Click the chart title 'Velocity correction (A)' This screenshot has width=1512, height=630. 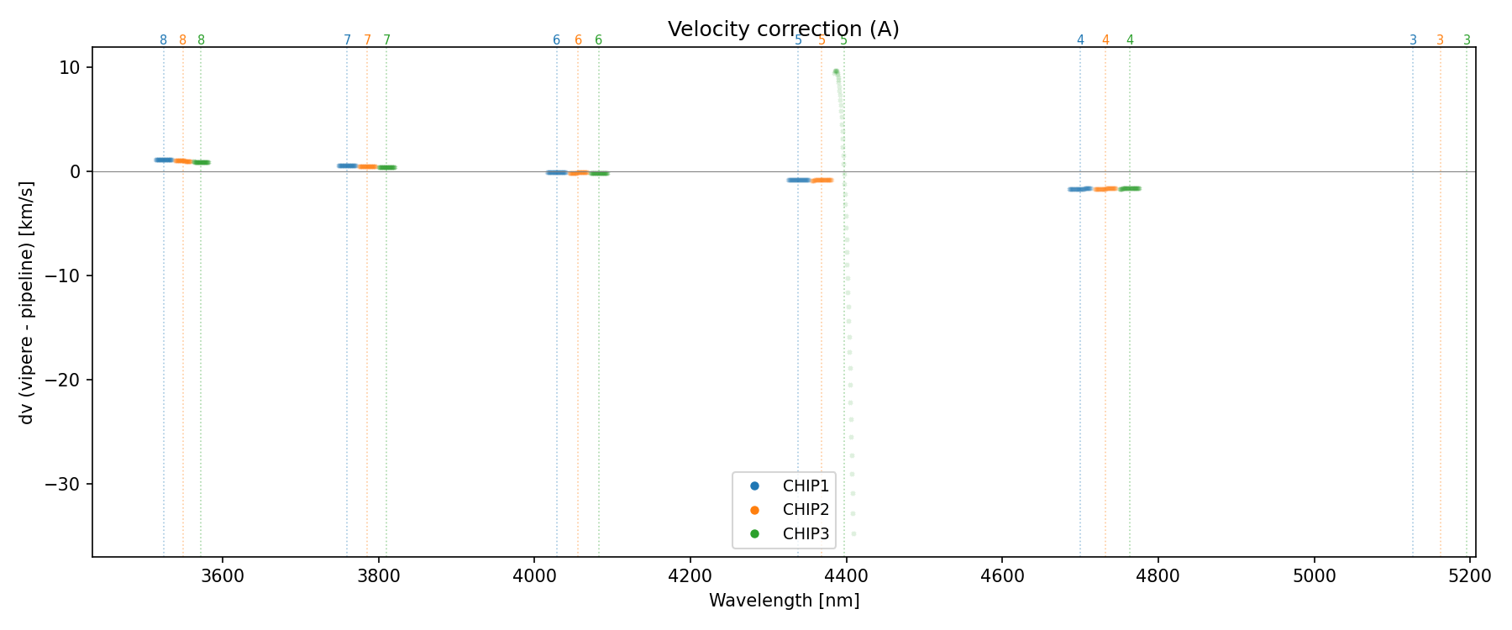(783, 29)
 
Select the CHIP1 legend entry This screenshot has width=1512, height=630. (805, 486)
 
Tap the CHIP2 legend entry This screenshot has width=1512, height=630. (805, 510)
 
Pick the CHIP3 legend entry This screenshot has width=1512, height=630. (805, 533)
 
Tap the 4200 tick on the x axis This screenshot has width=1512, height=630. (690, 575)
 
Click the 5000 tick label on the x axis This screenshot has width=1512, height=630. (1315, 575)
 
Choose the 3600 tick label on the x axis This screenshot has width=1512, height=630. (223, 575)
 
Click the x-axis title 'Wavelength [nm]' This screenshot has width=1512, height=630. (784, 601)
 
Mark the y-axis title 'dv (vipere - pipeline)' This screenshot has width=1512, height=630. (27, 302)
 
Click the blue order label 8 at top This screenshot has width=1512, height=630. (163, 40)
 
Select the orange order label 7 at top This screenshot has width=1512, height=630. (367, 40)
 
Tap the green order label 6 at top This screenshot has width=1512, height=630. (598, 40)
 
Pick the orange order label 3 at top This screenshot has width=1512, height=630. (1440, 40)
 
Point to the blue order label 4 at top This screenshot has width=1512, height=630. (1080, 40)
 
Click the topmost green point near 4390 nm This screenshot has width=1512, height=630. (836, 72)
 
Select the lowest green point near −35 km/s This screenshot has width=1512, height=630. (853, 533)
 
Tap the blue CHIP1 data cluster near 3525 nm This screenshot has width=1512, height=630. (164, 160)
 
